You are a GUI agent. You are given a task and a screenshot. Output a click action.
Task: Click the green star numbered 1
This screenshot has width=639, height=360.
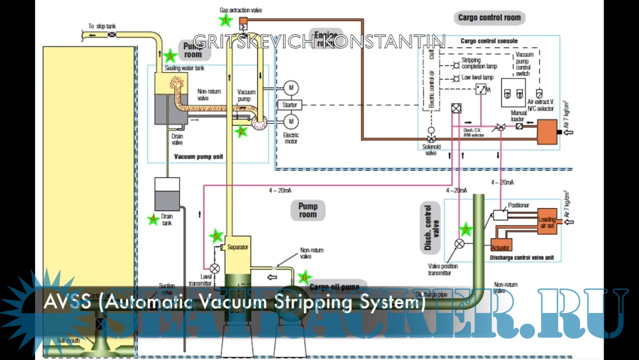click(226, 20)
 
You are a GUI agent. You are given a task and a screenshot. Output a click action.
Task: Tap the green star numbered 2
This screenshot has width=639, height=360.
click(241, 131)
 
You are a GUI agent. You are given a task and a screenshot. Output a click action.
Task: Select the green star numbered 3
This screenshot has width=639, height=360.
click(170, 56)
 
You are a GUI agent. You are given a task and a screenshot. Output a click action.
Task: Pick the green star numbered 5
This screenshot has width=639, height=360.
click(216, 236)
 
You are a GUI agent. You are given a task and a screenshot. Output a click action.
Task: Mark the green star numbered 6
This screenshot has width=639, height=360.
click(305, 277)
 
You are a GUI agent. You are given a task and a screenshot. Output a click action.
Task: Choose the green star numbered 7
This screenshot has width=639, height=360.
click(466, 230)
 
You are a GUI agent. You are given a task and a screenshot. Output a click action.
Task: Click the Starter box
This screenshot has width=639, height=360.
click(290, 105)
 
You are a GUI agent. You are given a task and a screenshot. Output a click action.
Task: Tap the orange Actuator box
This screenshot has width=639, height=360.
click(500, 246)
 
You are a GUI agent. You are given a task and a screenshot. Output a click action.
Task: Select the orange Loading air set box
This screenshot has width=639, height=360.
click(547, 222)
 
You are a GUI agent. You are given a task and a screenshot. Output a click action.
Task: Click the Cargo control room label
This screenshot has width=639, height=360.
click(489, 17)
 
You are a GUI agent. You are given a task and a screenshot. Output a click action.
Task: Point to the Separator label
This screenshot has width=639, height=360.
click(238, 247)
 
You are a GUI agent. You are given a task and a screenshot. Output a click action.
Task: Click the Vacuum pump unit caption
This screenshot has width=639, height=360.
click(199, 156)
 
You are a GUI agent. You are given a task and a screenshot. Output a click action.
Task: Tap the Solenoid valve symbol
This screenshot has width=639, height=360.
click(431, 138)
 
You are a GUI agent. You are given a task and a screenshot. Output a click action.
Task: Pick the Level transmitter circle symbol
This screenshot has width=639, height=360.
click(215, 268)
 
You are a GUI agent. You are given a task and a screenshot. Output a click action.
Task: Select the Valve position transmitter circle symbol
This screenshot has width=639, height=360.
click(459, 244)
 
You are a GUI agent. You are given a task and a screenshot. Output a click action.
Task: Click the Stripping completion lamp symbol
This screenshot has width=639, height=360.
click(455, 65)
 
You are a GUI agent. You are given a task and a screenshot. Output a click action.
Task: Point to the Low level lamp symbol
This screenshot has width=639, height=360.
click(455, 78)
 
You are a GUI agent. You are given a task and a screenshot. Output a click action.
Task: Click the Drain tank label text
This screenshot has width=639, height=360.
click(167, 219)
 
